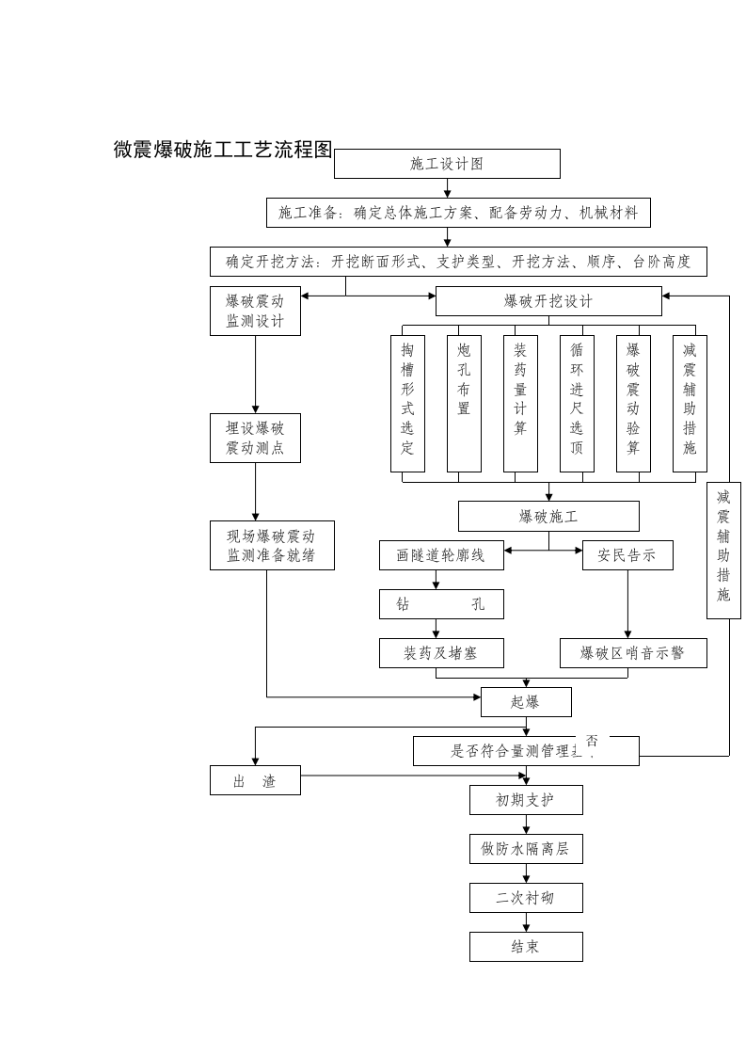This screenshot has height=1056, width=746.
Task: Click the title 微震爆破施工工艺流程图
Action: [x=223, y=150]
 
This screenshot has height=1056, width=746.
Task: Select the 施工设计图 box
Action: [x=447, y=164]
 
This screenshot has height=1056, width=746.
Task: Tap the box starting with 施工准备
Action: [x=458, y=213]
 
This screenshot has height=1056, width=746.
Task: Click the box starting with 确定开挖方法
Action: [x=458, y=262]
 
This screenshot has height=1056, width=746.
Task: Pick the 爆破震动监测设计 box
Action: [x=255, y=312]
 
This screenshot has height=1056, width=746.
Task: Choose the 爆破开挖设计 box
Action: [x=548, y=301]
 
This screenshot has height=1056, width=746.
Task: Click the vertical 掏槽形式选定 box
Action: [x=407, y=403]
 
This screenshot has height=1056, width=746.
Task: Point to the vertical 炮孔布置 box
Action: [x=464, y=403]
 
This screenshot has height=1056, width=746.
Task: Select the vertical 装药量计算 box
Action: [x=520, y=403]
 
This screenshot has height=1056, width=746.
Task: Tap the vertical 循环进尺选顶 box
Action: [x=577, y=403]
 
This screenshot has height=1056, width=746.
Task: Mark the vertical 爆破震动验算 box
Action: [x=633, y=403]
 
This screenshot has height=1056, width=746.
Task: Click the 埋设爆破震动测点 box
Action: [x=255, y=439]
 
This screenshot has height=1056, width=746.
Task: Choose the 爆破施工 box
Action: [x=548, y=517]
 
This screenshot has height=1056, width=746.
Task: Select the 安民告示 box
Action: [x=627, y=555]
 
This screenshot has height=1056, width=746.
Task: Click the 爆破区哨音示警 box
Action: [x=633, y=653]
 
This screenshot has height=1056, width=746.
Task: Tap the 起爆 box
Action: [x=526, y=702]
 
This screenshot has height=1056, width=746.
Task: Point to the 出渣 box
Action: [x=255, y=780]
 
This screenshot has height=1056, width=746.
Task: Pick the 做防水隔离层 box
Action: [x=526, y=849]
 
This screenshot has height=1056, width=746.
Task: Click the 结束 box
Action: [x=526, y=947]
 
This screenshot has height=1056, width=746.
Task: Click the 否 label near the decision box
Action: [x=592, y=741]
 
